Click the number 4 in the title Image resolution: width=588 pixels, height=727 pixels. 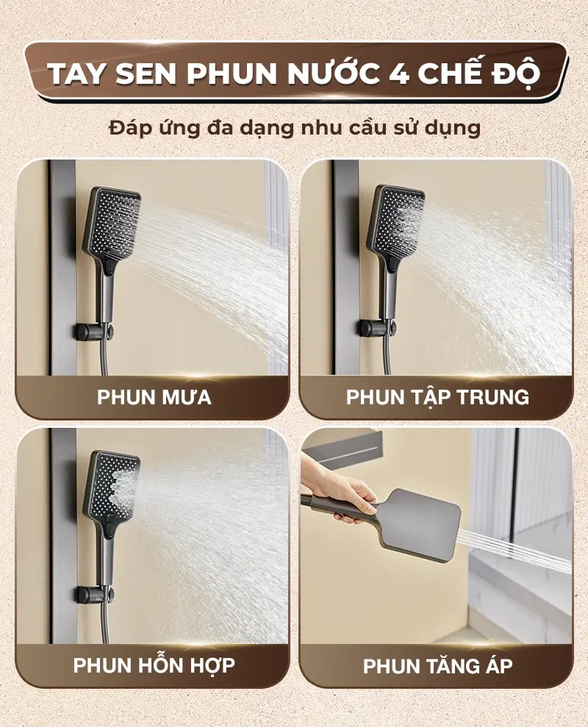point(395,75)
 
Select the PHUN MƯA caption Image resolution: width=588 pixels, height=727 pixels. point(154,398)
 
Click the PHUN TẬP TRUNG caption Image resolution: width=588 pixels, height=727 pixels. point(437,398)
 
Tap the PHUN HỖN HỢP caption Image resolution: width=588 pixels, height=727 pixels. point(154,665)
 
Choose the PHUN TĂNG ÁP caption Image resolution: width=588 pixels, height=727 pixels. point(437,665)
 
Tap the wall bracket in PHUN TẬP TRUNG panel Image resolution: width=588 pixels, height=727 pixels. point(376,327)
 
